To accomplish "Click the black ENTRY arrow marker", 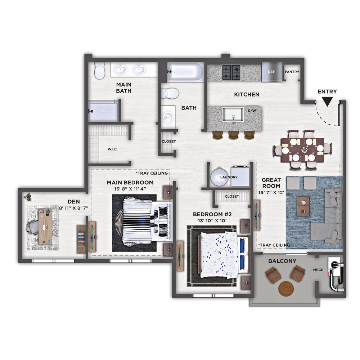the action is pyautogui.click(x=327, y=101).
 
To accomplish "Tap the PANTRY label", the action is pyautogui.click(x=292, y=72).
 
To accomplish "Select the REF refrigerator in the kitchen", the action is pyautogui.click(x=272, y=72).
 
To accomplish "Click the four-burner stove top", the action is pyautogui.click(x=231, y=72).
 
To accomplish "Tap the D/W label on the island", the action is pyautogui.click(x=252, y=111).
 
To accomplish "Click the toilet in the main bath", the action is pyautogui.click(x=99, y=70).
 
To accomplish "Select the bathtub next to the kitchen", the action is pyautogui.click(x=185, y=72).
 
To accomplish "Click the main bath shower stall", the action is pyautogui.click(x=103, y=111).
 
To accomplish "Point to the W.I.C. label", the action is pyautogui.click(x=113, y=149).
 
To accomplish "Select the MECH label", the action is pyautogui.click(x=318, y=270).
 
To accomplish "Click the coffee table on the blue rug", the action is pyautogui.click(x=303, y=206).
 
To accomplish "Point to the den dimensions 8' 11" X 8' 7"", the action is pyautogui.click(x=74, y=208).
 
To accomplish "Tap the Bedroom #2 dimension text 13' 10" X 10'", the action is pyautogui.click(x=212, y=221).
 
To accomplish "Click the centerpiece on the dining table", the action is pyautogui.click(x=305, y=150).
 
